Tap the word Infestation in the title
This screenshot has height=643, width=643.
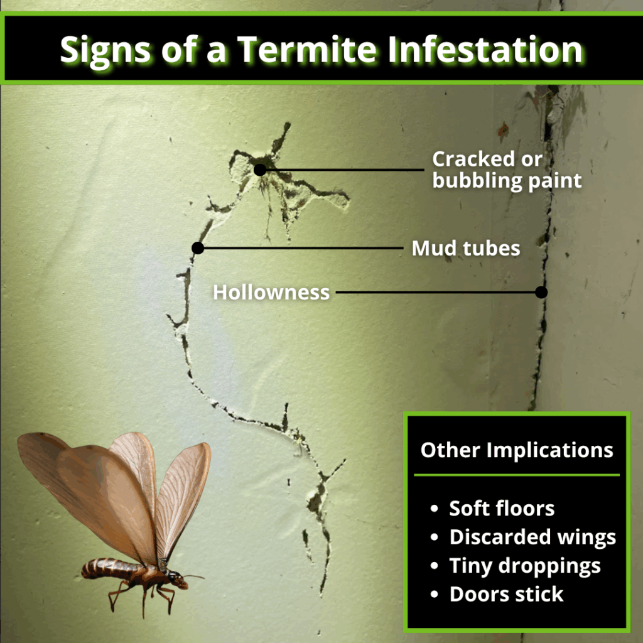click(x=485, y=50)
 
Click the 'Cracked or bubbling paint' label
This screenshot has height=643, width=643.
click(x=507, y=170)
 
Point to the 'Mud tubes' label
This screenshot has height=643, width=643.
click(x=466, y=248)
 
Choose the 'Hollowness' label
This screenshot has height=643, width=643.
click(x=271, y=293)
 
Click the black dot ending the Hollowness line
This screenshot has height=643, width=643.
click(x=541, y=292)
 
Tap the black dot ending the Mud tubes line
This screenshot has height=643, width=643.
click(x=198, y=248)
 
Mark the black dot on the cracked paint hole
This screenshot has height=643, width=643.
click(x=259, y=170)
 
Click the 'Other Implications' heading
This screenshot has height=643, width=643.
click(x=516, y=450)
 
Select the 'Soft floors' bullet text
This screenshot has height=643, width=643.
click(x=502, y=509)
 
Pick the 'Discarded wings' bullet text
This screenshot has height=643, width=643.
click(x=532, y=538)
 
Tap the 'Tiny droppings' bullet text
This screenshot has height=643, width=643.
click(x=525, y=566)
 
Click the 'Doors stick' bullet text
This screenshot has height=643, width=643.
click(x=506, y=594)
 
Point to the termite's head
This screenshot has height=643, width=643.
click(x=178, y=581)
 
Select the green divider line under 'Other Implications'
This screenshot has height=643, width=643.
click(x=516, y=475)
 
